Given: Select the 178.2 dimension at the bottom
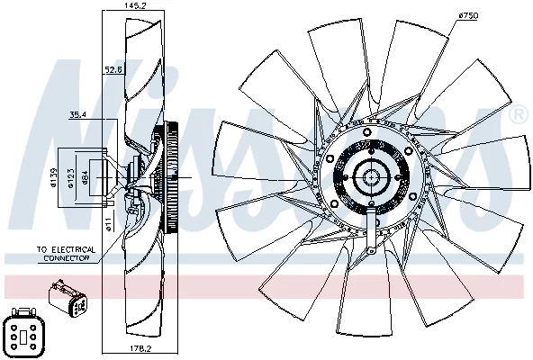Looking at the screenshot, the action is [140, 349].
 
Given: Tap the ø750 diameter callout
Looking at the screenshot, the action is [468, 15].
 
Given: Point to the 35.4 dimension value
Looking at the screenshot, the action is [78, 115].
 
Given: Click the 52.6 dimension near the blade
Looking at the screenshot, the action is [113, 70].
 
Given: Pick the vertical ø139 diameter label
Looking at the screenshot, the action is [53, 177].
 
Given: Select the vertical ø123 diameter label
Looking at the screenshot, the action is [70, 178].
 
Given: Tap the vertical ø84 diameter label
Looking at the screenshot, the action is [85, 177].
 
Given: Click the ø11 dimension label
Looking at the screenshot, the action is [108, 225].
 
